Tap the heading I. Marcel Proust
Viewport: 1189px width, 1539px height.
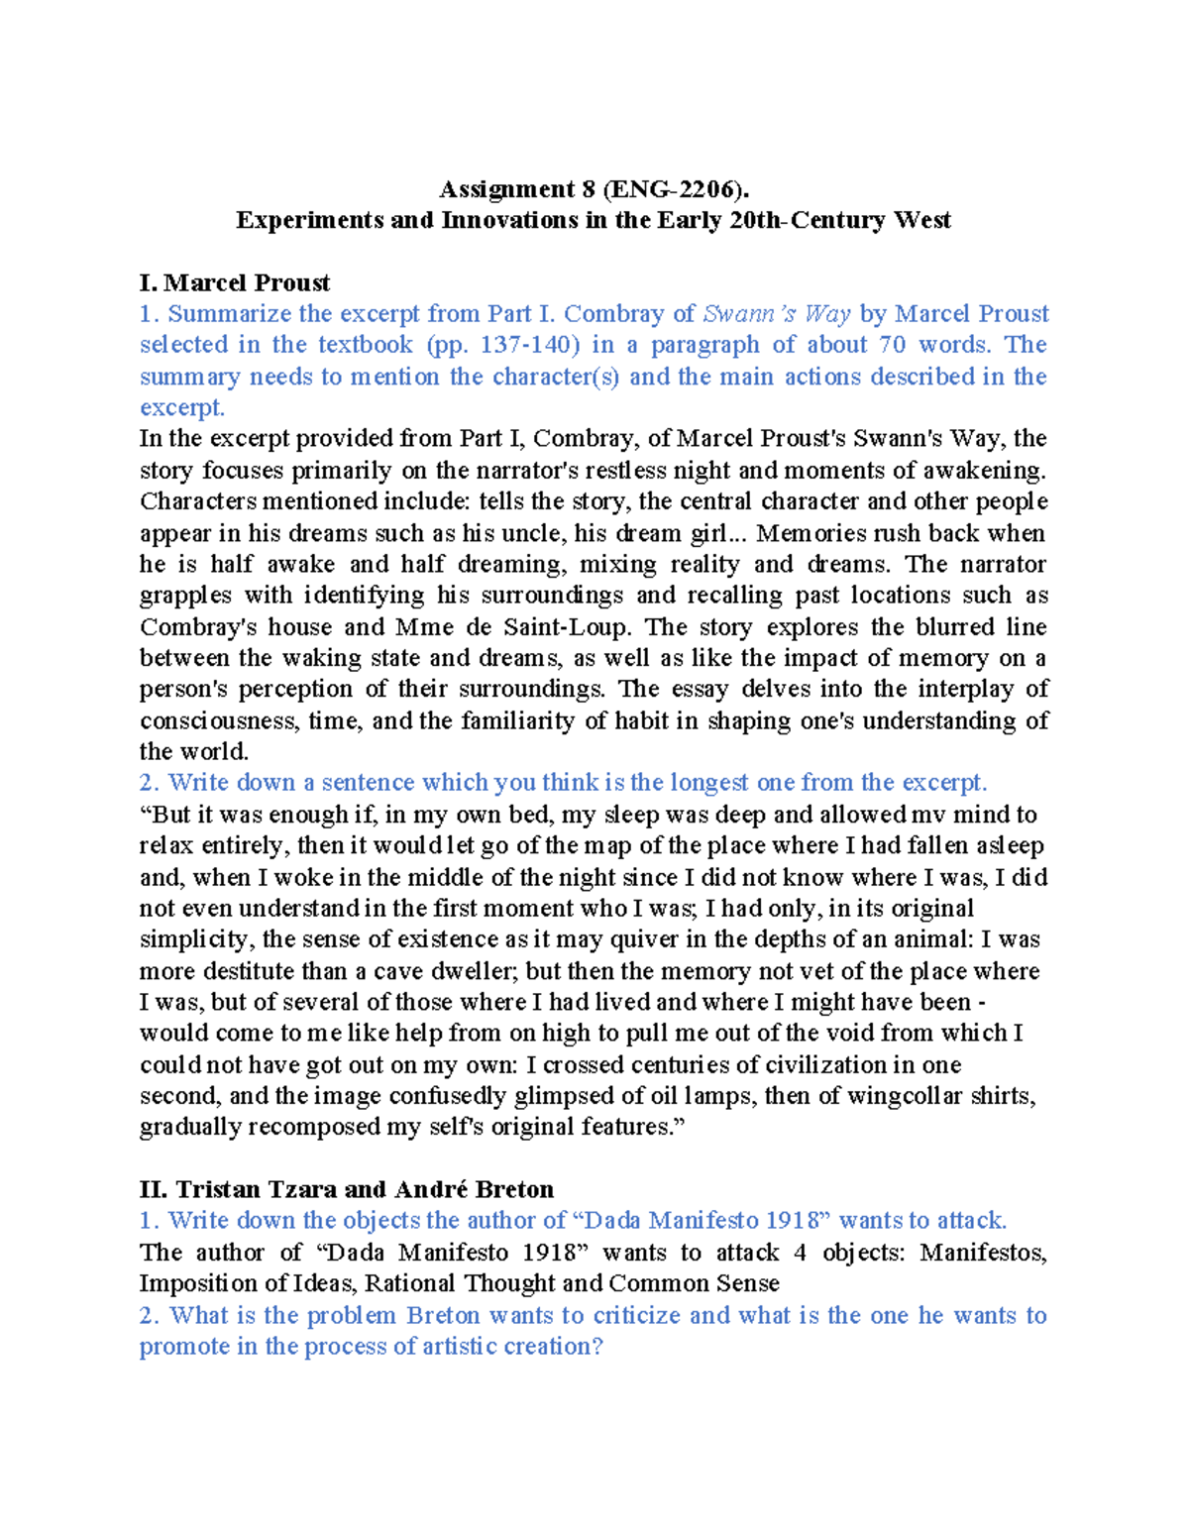235,282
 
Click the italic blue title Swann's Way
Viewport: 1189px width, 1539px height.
776,314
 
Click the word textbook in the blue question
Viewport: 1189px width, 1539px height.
365,345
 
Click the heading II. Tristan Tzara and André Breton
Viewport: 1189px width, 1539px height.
346,1189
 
